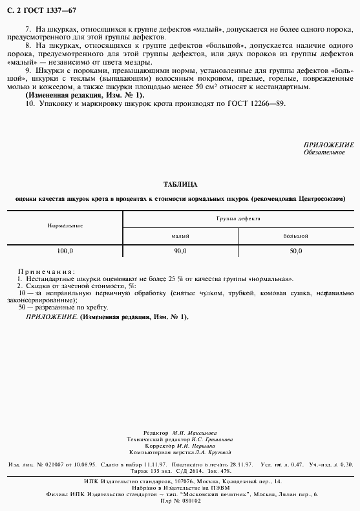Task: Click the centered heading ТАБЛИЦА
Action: (x=180, y=184)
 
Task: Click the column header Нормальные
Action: (x=65, y=225)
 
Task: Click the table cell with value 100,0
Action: (x=65, y=251)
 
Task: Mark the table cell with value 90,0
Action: (x=180, y=251)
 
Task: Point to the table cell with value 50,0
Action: (x=296, y=251)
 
